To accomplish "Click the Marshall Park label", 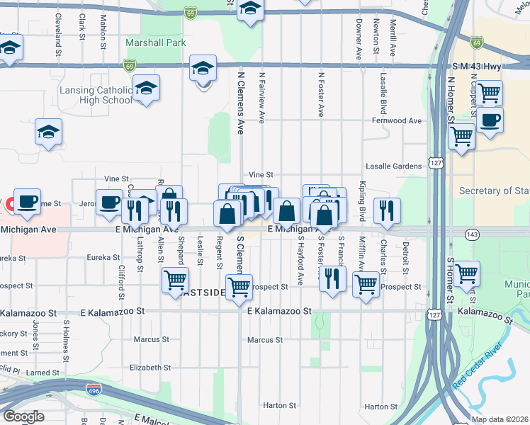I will [155, 43].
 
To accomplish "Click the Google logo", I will [23, 416].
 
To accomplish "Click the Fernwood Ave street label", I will [397, 121].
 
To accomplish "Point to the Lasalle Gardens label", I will [393, 166].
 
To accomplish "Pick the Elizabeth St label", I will [150, 368].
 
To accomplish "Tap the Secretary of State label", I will [494, 191].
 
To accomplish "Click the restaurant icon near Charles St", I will [387, 210].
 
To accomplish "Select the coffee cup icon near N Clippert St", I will [490, 120].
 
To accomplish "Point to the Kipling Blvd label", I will [362, 201].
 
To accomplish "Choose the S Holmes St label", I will [66, 336].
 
